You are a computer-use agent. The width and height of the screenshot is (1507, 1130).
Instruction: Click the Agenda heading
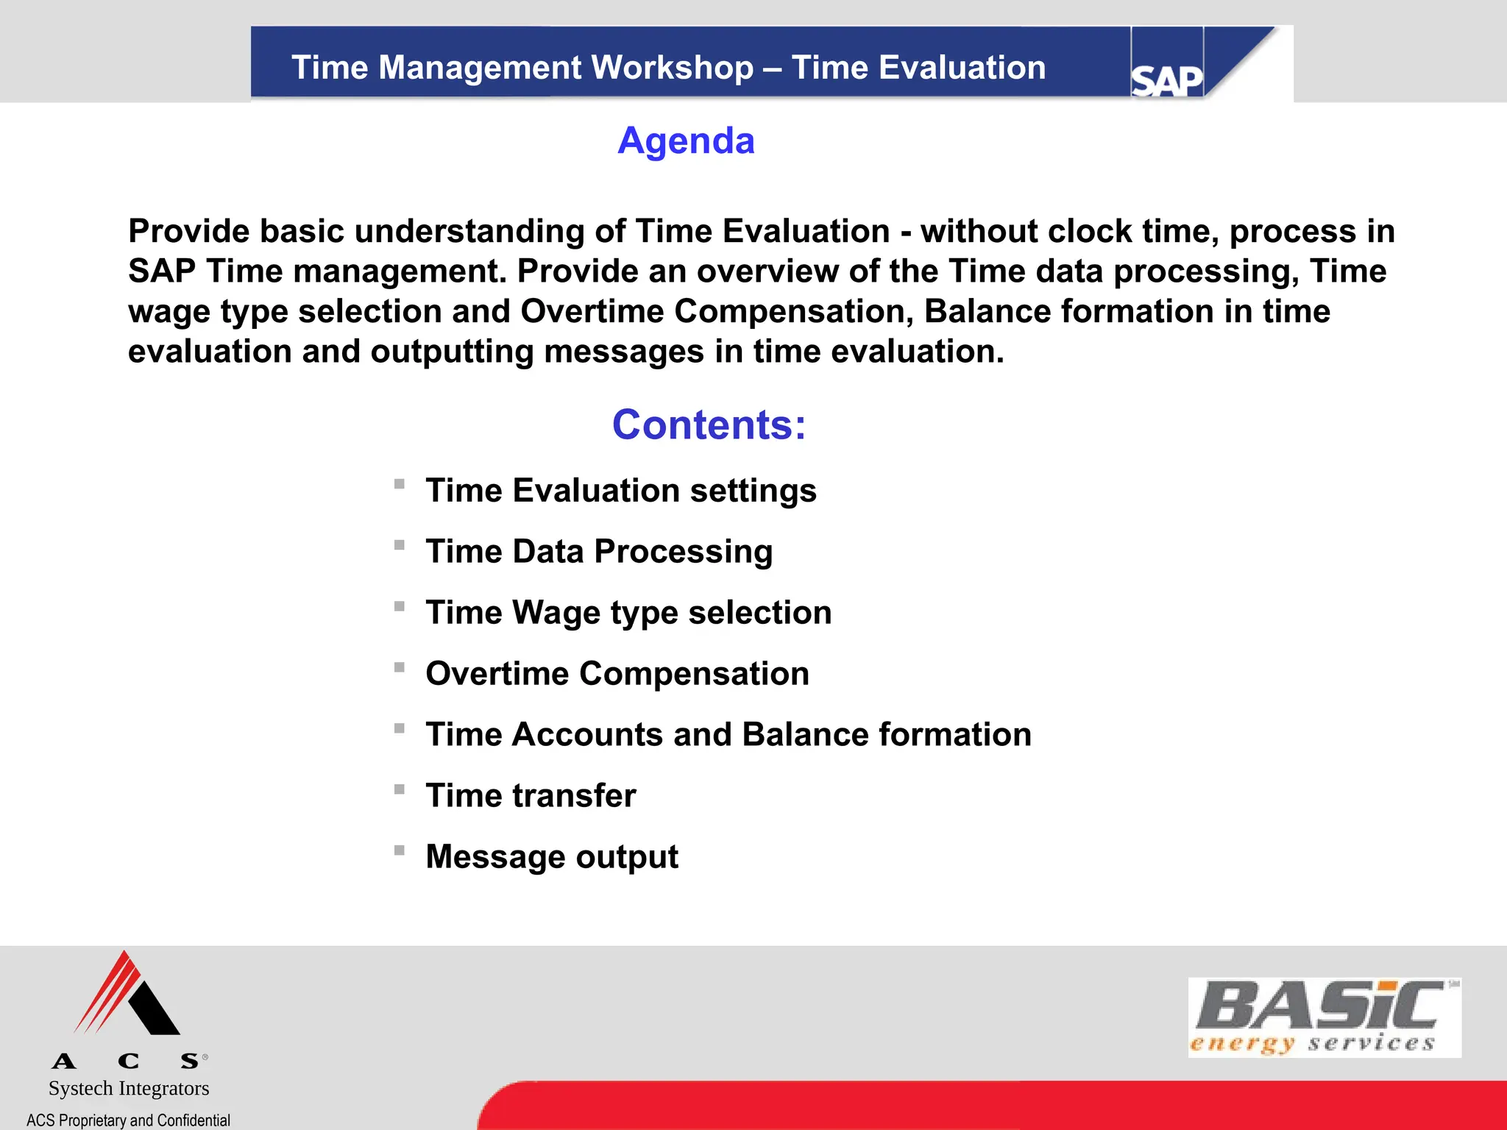tap(686, 141)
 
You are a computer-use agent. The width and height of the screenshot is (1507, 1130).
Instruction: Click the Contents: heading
tap(709, 424)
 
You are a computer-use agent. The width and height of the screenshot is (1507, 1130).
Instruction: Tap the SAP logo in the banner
tap(1166, 79)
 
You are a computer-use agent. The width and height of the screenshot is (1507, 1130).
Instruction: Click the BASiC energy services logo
tap(1324, 1017)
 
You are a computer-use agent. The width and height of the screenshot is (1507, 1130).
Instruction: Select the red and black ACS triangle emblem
tap(127, 995)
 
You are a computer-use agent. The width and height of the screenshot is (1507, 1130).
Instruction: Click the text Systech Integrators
tap(129, 1088)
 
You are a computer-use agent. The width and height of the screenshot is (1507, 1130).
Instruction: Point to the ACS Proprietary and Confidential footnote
tap(128, 1120)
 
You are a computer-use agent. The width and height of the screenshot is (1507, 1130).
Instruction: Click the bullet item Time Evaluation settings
tap(620, 490)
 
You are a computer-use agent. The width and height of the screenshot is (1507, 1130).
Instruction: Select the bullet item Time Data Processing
tap(598, 551)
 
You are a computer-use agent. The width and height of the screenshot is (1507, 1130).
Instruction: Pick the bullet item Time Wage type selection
tap(628, 612)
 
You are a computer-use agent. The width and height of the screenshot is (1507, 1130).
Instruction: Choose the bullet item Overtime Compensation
tap(617, 673)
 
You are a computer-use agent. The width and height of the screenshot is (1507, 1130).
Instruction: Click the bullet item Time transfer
tap(531, 795)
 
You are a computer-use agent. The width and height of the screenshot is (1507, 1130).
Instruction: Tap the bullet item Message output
tap(551, 856)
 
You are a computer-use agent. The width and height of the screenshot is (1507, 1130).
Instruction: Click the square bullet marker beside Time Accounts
tap(400, 728)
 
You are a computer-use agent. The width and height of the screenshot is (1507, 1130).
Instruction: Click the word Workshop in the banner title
tap(672, 68)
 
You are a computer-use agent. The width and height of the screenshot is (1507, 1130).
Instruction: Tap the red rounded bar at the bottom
tap(993, 1105)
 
